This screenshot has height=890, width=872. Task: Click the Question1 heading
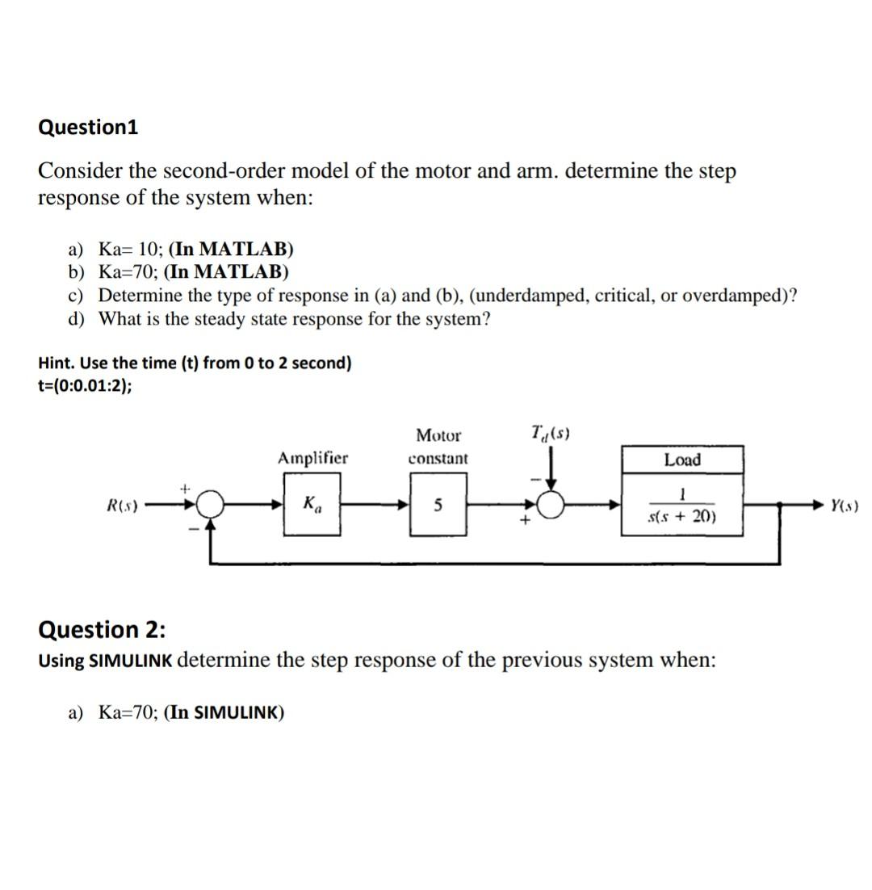(88, 128)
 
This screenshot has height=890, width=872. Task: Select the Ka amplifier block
(312, 505)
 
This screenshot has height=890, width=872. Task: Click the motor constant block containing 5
(438, 506)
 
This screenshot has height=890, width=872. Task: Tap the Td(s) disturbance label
(551, 434)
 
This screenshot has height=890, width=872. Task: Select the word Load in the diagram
(682, 460)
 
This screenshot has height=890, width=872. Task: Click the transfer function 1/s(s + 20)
(682, 506)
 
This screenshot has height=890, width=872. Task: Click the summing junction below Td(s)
(551, 506)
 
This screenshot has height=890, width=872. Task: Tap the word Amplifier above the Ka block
(312, 459)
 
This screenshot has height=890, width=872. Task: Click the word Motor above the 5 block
(438, 436)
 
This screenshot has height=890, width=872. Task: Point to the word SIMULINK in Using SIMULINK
(129, 661)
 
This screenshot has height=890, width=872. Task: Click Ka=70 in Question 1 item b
(124, 271)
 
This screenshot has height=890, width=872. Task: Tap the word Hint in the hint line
(54, 363)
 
